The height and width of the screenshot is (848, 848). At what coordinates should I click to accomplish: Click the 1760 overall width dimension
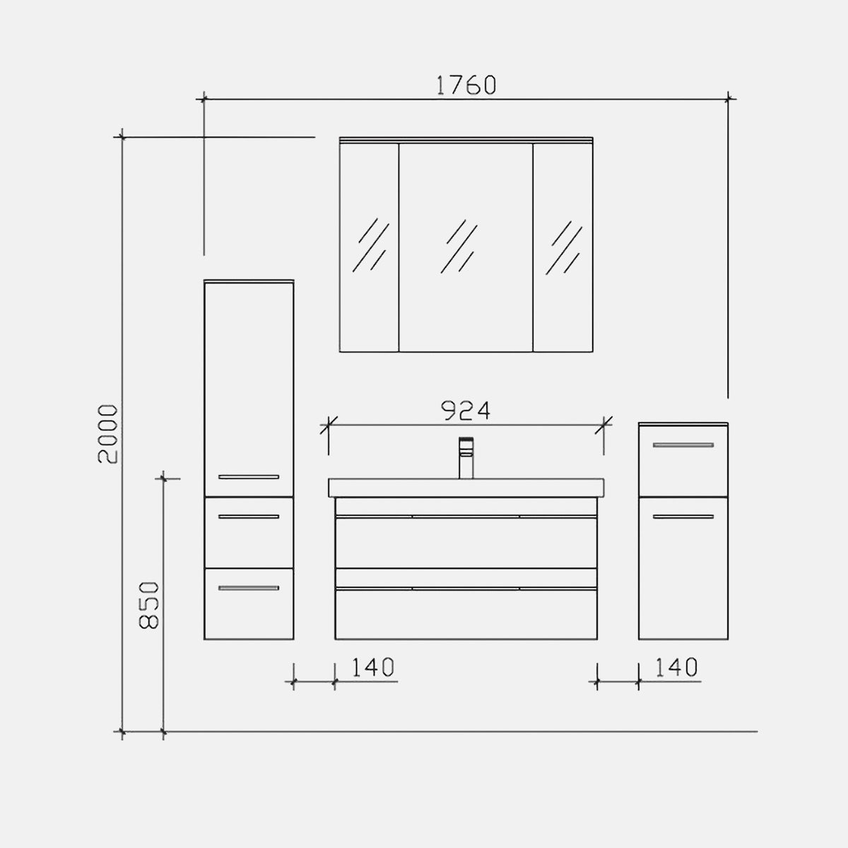tap(466, 86)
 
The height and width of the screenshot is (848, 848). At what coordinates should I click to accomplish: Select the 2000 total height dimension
tap(108, 434)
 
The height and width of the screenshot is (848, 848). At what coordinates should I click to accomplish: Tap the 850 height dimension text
tap(148, 605)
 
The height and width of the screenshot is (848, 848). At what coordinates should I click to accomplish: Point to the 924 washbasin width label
tap(466, 411)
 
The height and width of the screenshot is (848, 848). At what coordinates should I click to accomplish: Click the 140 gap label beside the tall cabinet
tap(372, 667)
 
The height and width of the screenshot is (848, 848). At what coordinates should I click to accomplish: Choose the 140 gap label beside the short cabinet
tap(676, 667)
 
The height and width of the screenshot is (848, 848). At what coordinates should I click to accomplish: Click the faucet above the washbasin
tap(466, 458)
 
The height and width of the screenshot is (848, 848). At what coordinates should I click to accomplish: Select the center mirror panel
tap(466, 247)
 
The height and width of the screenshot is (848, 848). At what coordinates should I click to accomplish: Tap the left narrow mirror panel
tap(369, 247)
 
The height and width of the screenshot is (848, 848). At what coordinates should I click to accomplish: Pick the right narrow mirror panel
tap(563, 247)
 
